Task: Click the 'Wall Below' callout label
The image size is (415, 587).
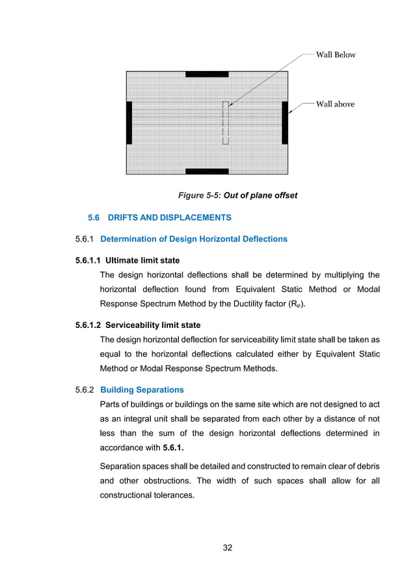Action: point(336,55)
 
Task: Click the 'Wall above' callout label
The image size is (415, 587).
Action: point(335,104)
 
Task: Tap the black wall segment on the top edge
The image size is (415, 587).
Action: point(207,74)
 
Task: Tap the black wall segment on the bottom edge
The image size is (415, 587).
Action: point(207,171)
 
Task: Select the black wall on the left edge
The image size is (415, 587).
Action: point(129,122)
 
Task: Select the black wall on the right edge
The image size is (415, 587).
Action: point(285,122)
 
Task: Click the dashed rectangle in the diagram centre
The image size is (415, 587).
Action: point(226,123)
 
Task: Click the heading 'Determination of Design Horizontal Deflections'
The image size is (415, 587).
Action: point(194,239)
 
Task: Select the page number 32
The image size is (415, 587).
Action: point(228,547)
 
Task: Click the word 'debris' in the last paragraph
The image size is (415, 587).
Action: point(367,467)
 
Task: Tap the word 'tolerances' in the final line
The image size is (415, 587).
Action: point(172,496)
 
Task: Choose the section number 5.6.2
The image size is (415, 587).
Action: point(85,390)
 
